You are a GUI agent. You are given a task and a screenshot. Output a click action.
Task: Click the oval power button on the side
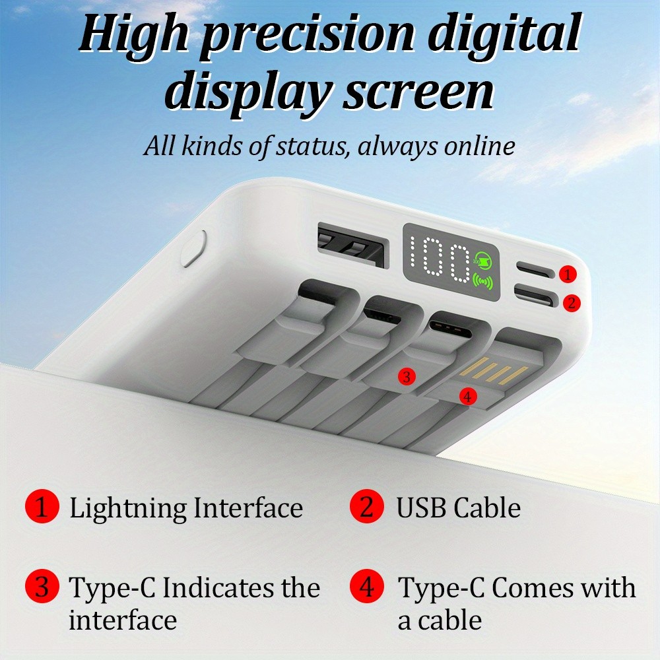[193, 248]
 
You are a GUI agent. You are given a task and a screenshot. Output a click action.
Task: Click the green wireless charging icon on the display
[483, 281]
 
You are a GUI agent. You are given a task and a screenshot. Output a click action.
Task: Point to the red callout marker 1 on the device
[568, 274]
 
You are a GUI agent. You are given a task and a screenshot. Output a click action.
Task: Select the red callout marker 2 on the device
[572, 303]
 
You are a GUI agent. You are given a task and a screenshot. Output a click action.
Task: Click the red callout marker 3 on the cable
[406, 376]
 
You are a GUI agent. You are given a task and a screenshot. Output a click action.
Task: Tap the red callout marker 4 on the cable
[468, 396]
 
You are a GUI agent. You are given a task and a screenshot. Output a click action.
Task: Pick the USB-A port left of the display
[352, 246]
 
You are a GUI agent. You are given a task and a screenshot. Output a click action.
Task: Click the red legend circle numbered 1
[42, 506]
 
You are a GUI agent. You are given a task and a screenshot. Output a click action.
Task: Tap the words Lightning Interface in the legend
[186, 509]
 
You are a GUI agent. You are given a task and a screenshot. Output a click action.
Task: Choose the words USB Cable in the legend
[459, 508]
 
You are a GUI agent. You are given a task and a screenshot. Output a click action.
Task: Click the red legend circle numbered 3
[42, 586]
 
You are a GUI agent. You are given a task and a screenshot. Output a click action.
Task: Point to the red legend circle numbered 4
[366, 586]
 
